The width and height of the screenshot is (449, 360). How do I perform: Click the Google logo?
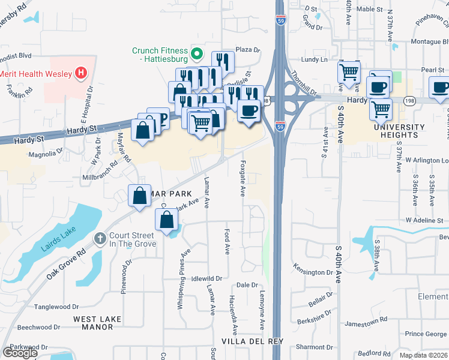click(20, 353)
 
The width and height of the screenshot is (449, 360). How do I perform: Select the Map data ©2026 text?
click(423, 355)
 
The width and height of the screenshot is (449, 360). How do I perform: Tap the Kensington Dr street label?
click(312, 269)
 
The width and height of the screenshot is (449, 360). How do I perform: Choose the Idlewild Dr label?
click(206, 279)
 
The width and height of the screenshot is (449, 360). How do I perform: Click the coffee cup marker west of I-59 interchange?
click(249, 111)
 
